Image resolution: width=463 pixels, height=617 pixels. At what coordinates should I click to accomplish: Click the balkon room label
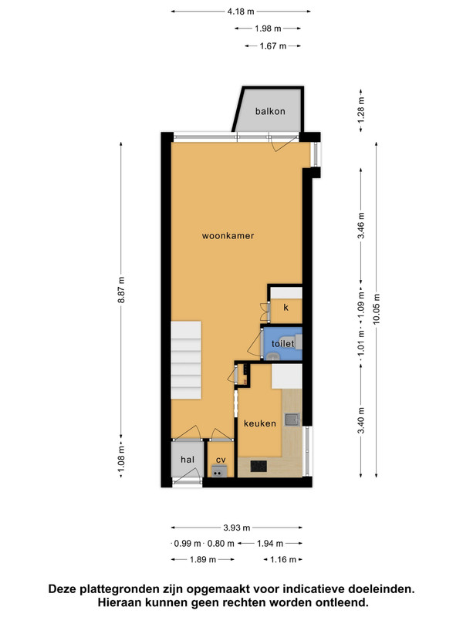click(x=270, y=111)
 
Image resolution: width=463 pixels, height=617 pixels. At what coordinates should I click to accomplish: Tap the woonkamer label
click(x=228, y=236)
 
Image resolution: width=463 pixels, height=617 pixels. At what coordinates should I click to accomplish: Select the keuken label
click(x=260, y=423)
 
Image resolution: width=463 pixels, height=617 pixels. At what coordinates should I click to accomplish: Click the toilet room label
click(x=282, y=343)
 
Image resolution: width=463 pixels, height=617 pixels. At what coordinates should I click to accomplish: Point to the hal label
click(x=188, y=459)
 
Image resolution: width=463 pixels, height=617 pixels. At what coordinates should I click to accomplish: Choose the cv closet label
click(x=221, y=460)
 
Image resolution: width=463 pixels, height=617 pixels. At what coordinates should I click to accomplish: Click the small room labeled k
click(x=286, y=307)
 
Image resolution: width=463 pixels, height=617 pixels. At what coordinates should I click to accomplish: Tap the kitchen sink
click(x=292, y=420)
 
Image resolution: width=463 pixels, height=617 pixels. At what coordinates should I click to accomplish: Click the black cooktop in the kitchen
click(x=259, y=467)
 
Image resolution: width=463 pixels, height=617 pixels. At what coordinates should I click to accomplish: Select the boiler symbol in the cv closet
click(x=219, y=471)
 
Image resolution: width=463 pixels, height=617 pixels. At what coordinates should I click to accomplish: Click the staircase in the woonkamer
click(x=186, y=360)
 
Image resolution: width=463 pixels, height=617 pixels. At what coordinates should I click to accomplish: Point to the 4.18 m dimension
click(x=241, y=12)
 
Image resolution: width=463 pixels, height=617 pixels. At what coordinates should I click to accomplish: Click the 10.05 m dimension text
click(x=377, y=309)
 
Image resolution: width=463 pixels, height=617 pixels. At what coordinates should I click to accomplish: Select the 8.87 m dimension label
click(x=121, y=290)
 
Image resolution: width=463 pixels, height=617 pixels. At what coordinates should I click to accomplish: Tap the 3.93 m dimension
click(x=237, y=528)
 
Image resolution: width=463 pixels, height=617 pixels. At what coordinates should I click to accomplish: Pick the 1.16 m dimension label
click(x=282, y=559)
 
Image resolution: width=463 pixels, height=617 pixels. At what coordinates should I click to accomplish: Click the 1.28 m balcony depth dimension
click(x=361, y=110)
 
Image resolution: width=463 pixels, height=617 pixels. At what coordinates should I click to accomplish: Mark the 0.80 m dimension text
click(x=221, y=544)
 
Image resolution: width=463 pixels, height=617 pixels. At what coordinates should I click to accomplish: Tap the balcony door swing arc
click(x=285, y=146)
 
